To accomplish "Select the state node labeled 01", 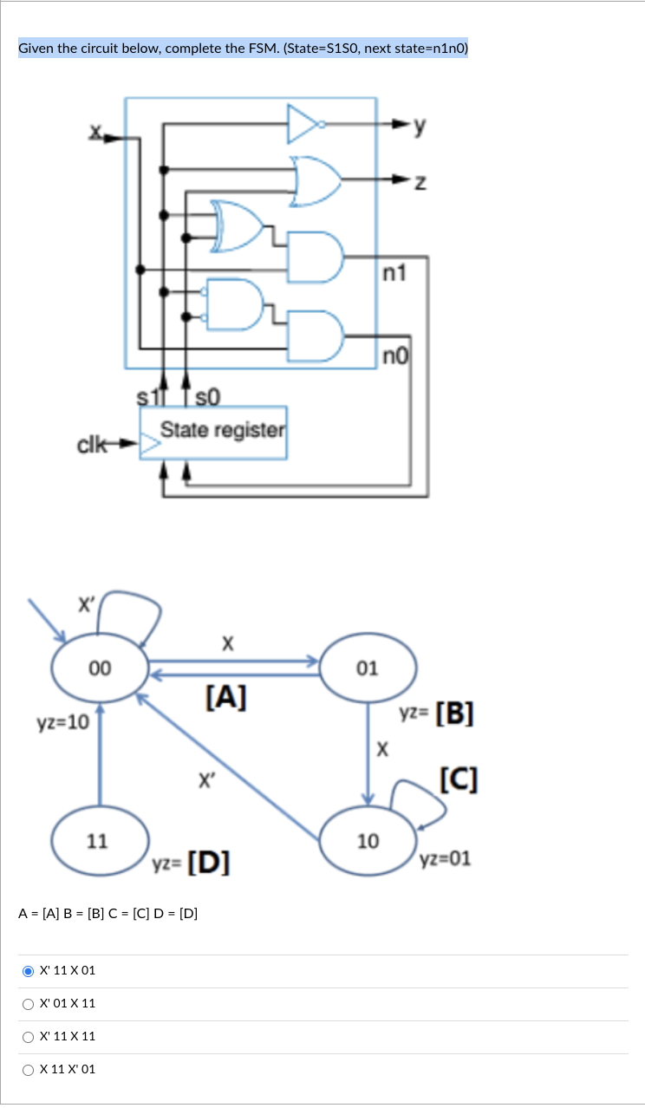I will (368, 668).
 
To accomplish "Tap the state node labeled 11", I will (99, 840).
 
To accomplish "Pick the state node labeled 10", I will (368, 840).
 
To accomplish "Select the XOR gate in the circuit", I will (237, 225).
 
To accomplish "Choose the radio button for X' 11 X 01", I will (29, 971).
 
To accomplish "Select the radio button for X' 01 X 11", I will (29, 1004).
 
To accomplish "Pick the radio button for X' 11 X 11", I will (29, 1037).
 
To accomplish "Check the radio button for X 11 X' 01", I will (29, 1070).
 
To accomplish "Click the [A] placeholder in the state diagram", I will (225, 696).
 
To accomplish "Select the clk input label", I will (93, 446).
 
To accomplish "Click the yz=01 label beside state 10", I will (445, 860).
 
